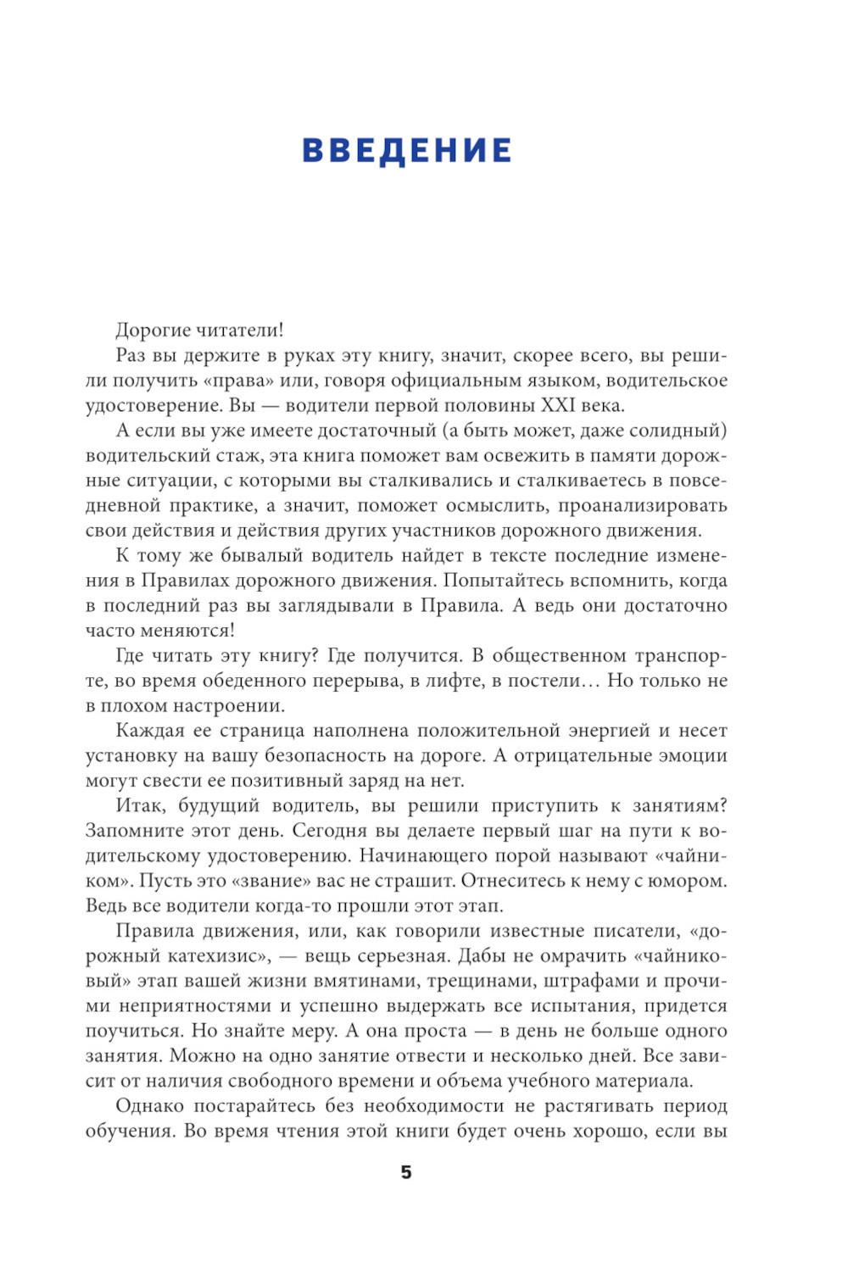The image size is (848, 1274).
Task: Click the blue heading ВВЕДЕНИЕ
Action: click(407, 150)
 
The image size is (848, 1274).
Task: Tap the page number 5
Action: click(406, 1172)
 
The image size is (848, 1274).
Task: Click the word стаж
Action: click(242, 456)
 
